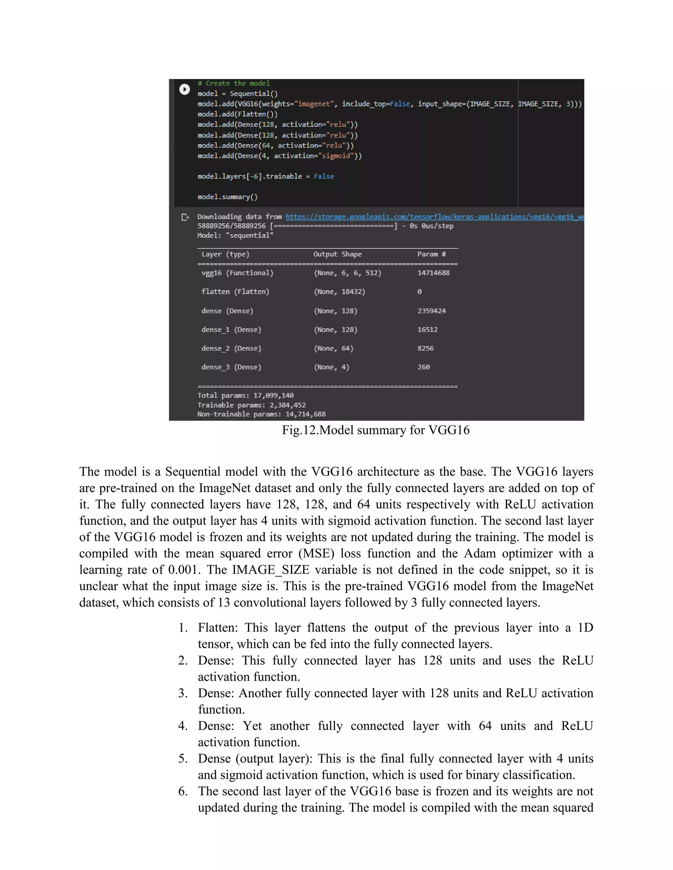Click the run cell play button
[x=184, y=89]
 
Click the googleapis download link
[x=434, y=217]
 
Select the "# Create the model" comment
[x=234, y=83]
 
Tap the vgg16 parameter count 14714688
[x=433, y=273]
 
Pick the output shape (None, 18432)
[x=339, y=292]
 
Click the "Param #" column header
[x=431, y=254]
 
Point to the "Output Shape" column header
[x=337, y=254]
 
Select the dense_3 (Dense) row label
[x=231, y=367]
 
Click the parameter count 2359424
[x=431, y=311]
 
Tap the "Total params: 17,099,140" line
[x=245, y=396]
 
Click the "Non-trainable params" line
[x=261, y=414]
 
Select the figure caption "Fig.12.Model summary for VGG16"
[x=376, y=430]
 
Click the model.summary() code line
[x=228, y=197]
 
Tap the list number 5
[x=183, y=758]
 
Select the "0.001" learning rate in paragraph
[x=183, y=570]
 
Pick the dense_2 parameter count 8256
[x=426, y=348]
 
